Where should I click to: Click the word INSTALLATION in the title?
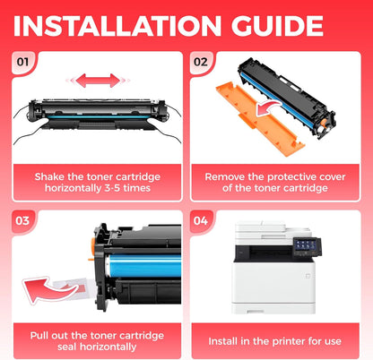click(117, 26)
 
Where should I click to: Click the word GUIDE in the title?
click(277, 26)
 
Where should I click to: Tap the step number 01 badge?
click(22, 62)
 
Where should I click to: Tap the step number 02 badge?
click(201, 62)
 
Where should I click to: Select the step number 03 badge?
click(22, 221)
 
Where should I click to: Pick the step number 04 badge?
click(201, 221)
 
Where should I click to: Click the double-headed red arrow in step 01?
click(98, 81)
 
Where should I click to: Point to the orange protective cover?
click(259, 119)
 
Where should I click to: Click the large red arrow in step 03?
click(48, 289)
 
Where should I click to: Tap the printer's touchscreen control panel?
click(305, 247)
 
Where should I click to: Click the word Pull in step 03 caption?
click(39, 336)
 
